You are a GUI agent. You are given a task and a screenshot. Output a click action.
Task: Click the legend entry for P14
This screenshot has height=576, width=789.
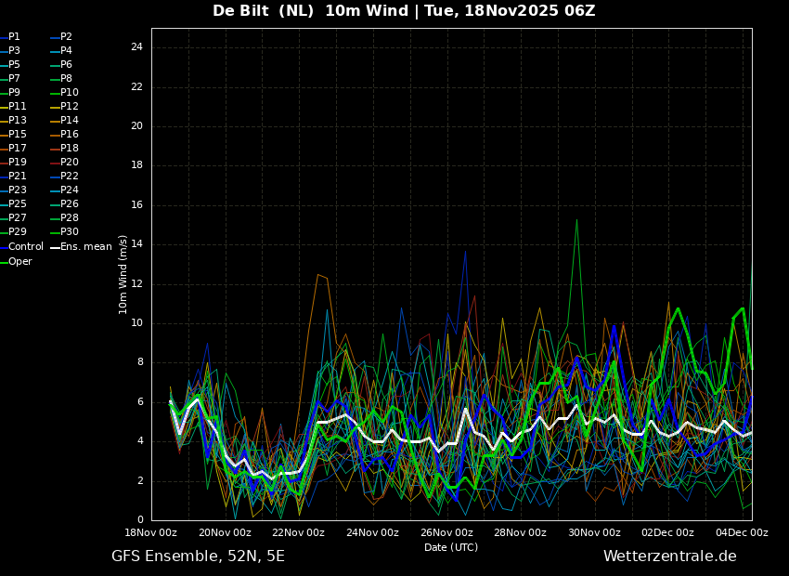[x=65, y=121]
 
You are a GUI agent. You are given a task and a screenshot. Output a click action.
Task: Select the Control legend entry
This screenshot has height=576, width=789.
[x=21, y=247]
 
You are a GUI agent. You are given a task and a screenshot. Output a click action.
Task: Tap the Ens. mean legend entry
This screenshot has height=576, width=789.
[x=81, y=247]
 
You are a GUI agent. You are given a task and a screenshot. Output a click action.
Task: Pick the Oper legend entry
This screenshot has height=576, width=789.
[x=16, y=262]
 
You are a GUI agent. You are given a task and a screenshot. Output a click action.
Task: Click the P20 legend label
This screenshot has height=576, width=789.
[x=65, y=163]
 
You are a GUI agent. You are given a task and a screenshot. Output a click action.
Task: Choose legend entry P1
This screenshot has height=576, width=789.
[x=10, y=37]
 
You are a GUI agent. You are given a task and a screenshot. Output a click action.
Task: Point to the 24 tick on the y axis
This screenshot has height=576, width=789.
[x=136, y=47]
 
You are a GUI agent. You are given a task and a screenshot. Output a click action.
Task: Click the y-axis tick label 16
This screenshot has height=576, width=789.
[x=136, y=205]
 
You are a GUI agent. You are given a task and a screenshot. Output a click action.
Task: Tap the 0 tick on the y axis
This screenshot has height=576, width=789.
[x=140, y=520]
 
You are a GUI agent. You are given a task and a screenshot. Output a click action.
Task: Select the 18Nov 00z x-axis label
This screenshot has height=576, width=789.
[x=152, y=532]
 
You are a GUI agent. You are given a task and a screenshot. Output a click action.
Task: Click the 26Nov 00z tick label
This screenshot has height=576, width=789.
[x=447, y=532]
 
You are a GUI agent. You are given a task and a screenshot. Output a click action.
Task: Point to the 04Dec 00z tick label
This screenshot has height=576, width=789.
[x=743, y=532]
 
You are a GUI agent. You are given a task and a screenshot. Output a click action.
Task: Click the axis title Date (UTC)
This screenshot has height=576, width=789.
[x=451, y=547]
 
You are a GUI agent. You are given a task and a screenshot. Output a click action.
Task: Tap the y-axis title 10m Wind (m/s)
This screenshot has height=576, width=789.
[x=123, y=274]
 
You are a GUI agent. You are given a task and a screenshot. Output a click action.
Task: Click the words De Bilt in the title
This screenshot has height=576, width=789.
[x=240, y=10]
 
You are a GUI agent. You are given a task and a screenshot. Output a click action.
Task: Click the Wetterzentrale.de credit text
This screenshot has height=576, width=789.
[x=670, y=556]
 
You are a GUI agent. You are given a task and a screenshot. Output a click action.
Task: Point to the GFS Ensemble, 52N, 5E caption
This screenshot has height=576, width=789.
[x=199, y=556]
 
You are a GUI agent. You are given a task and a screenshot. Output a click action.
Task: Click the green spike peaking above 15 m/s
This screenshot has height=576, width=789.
[x=576, y=220]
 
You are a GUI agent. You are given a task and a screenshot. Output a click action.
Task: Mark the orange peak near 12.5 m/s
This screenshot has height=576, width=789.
[x=318, y=275]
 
